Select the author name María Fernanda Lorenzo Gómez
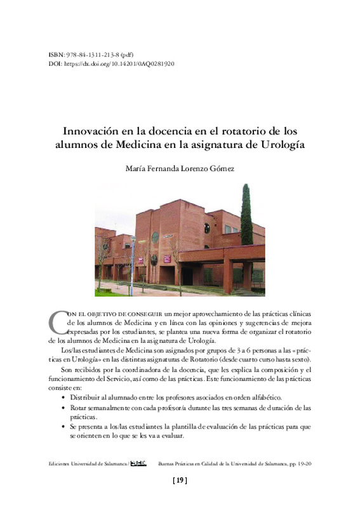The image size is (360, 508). point(180,169)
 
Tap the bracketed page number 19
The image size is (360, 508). point(180,481)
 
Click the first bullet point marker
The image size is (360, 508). point(62,396)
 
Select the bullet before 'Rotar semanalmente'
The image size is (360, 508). point(62,407)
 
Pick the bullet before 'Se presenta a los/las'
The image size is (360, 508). point(62,427)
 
